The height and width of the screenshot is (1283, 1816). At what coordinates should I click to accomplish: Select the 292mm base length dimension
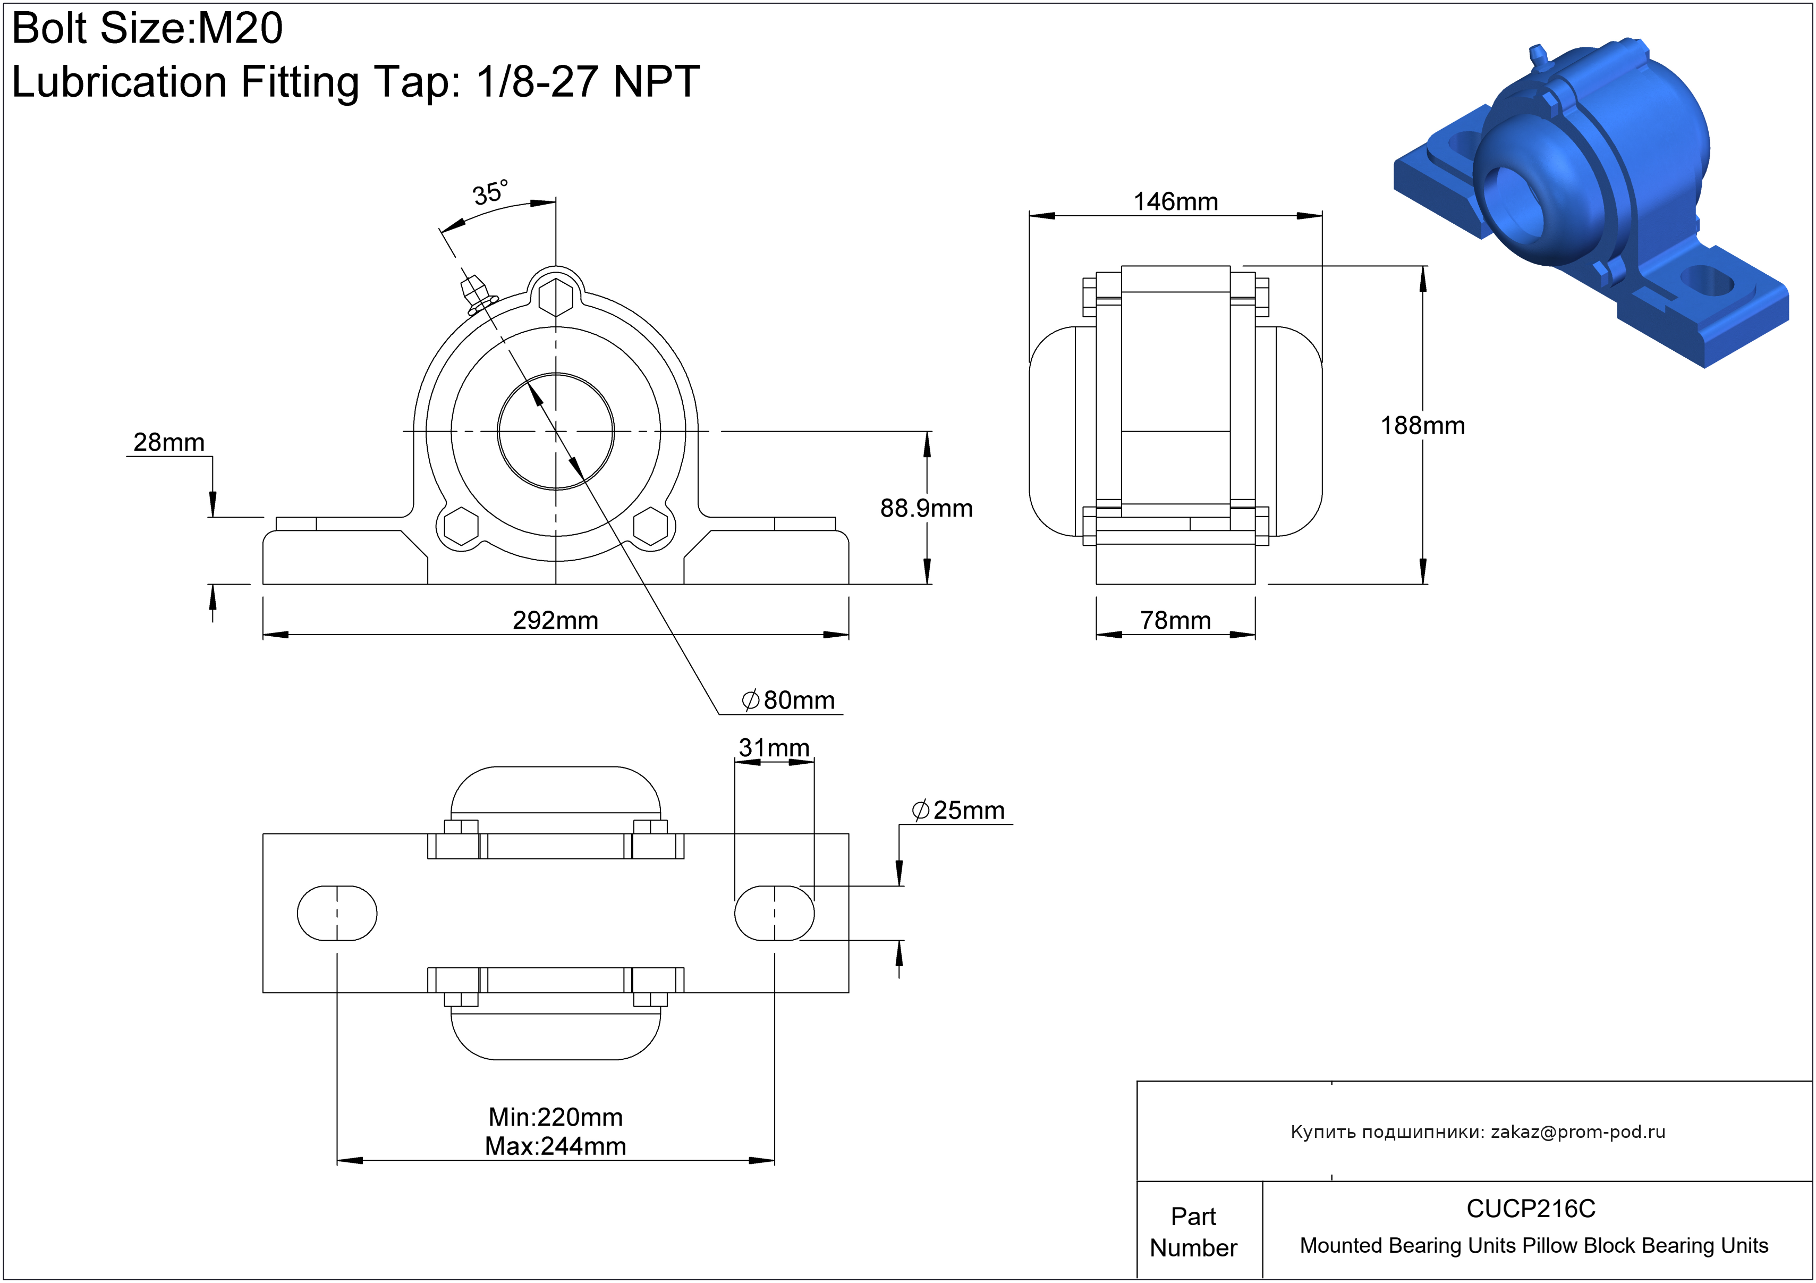point(555,620)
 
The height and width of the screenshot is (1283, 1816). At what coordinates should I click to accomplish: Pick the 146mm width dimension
point(1175,202)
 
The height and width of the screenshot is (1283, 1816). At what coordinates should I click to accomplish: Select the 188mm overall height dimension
point(1422,426)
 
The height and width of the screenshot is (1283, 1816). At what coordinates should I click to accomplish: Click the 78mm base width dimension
point(1175,620)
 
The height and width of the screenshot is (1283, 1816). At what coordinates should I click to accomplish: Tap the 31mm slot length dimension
point(774,747)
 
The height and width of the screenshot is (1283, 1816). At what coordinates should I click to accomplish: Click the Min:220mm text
point(555,1117)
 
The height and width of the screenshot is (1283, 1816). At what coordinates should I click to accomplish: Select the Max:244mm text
point(555,1146)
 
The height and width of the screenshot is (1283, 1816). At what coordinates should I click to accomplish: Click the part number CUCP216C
point(1531,1209)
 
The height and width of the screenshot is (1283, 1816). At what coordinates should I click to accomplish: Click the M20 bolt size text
point(240,29)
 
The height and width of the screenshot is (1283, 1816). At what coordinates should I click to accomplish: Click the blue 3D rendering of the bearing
point(1590,198)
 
